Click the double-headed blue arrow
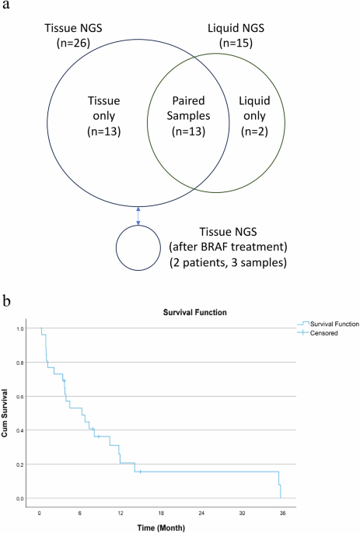point(138,216)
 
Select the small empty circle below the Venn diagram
point(138,250)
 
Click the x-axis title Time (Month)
point(162,526)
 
